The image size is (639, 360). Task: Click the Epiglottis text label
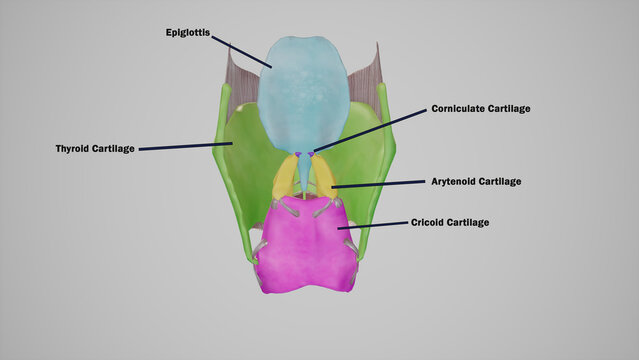tap(187, 33)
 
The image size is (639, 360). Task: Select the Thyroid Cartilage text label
tap(95, 149)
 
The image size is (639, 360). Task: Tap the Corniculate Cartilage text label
tap(481, 108)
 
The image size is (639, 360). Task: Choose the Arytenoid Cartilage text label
tap(476, 182)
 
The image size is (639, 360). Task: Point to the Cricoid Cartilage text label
tap(450, 222)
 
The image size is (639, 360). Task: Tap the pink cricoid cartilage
tap(305, 245)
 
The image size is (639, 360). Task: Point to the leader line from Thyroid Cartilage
tap(185, 146)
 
